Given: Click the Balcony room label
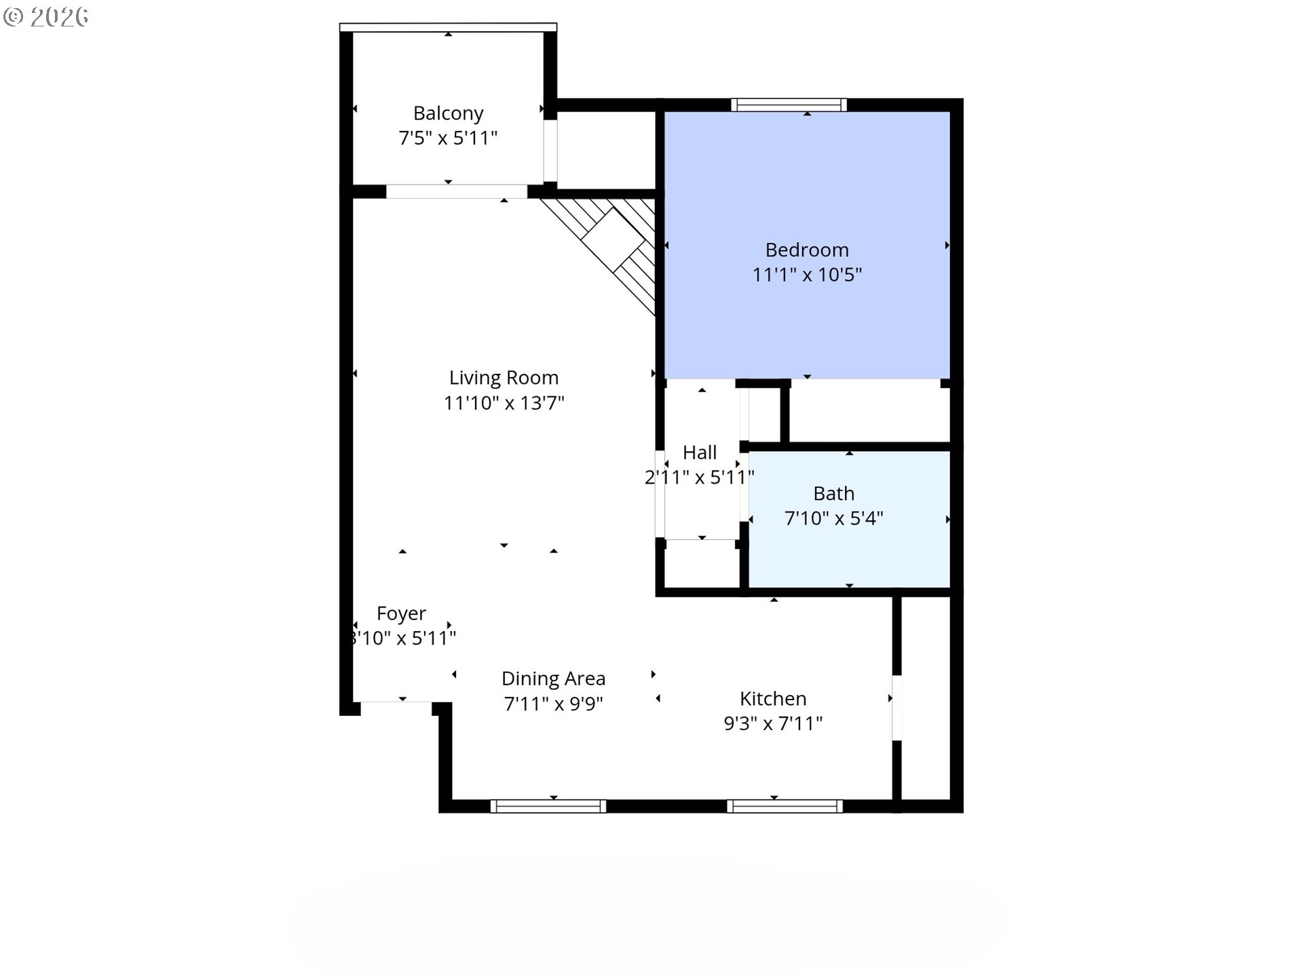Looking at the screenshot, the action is coord(448,113).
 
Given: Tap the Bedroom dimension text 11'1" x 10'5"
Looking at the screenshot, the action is coord(807,275).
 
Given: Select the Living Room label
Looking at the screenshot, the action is coord(504,378).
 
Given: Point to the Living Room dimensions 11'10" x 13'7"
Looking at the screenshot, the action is coord(504,403).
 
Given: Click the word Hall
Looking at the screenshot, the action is coord(700,453).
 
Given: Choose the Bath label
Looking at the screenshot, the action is coord(833,493).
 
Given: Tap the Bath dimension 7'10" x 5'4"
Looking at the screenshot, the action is coord(833,518).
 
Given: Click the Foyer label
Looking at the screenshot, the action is coord(401,614).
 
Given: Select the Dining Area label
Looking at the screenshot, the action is coord(553,679).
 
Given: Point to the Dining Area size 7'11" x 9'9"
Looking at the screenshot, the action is coord(553,704).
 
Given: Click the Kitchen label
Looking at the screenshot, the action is coord(773,699).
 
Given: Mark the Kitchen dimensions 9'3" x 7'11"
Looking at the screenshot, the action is coord(773,723).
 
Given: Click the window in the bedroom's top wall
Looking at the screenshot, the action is coord(789,104).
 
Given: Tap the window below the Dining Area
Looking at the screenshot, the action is coord(548,806).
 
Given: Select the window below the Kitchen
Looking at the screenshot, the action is coord(785,806).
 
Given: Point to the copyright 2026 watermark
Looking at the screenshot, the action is coord(46,17).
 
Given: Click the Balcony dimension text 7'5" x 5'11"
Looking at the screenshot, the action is coord(448,138).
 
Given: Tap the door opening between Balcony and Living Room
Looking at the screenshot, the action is coord(456,191).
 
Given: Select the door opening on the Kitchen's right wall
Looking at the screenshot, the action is coord(896,708).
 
